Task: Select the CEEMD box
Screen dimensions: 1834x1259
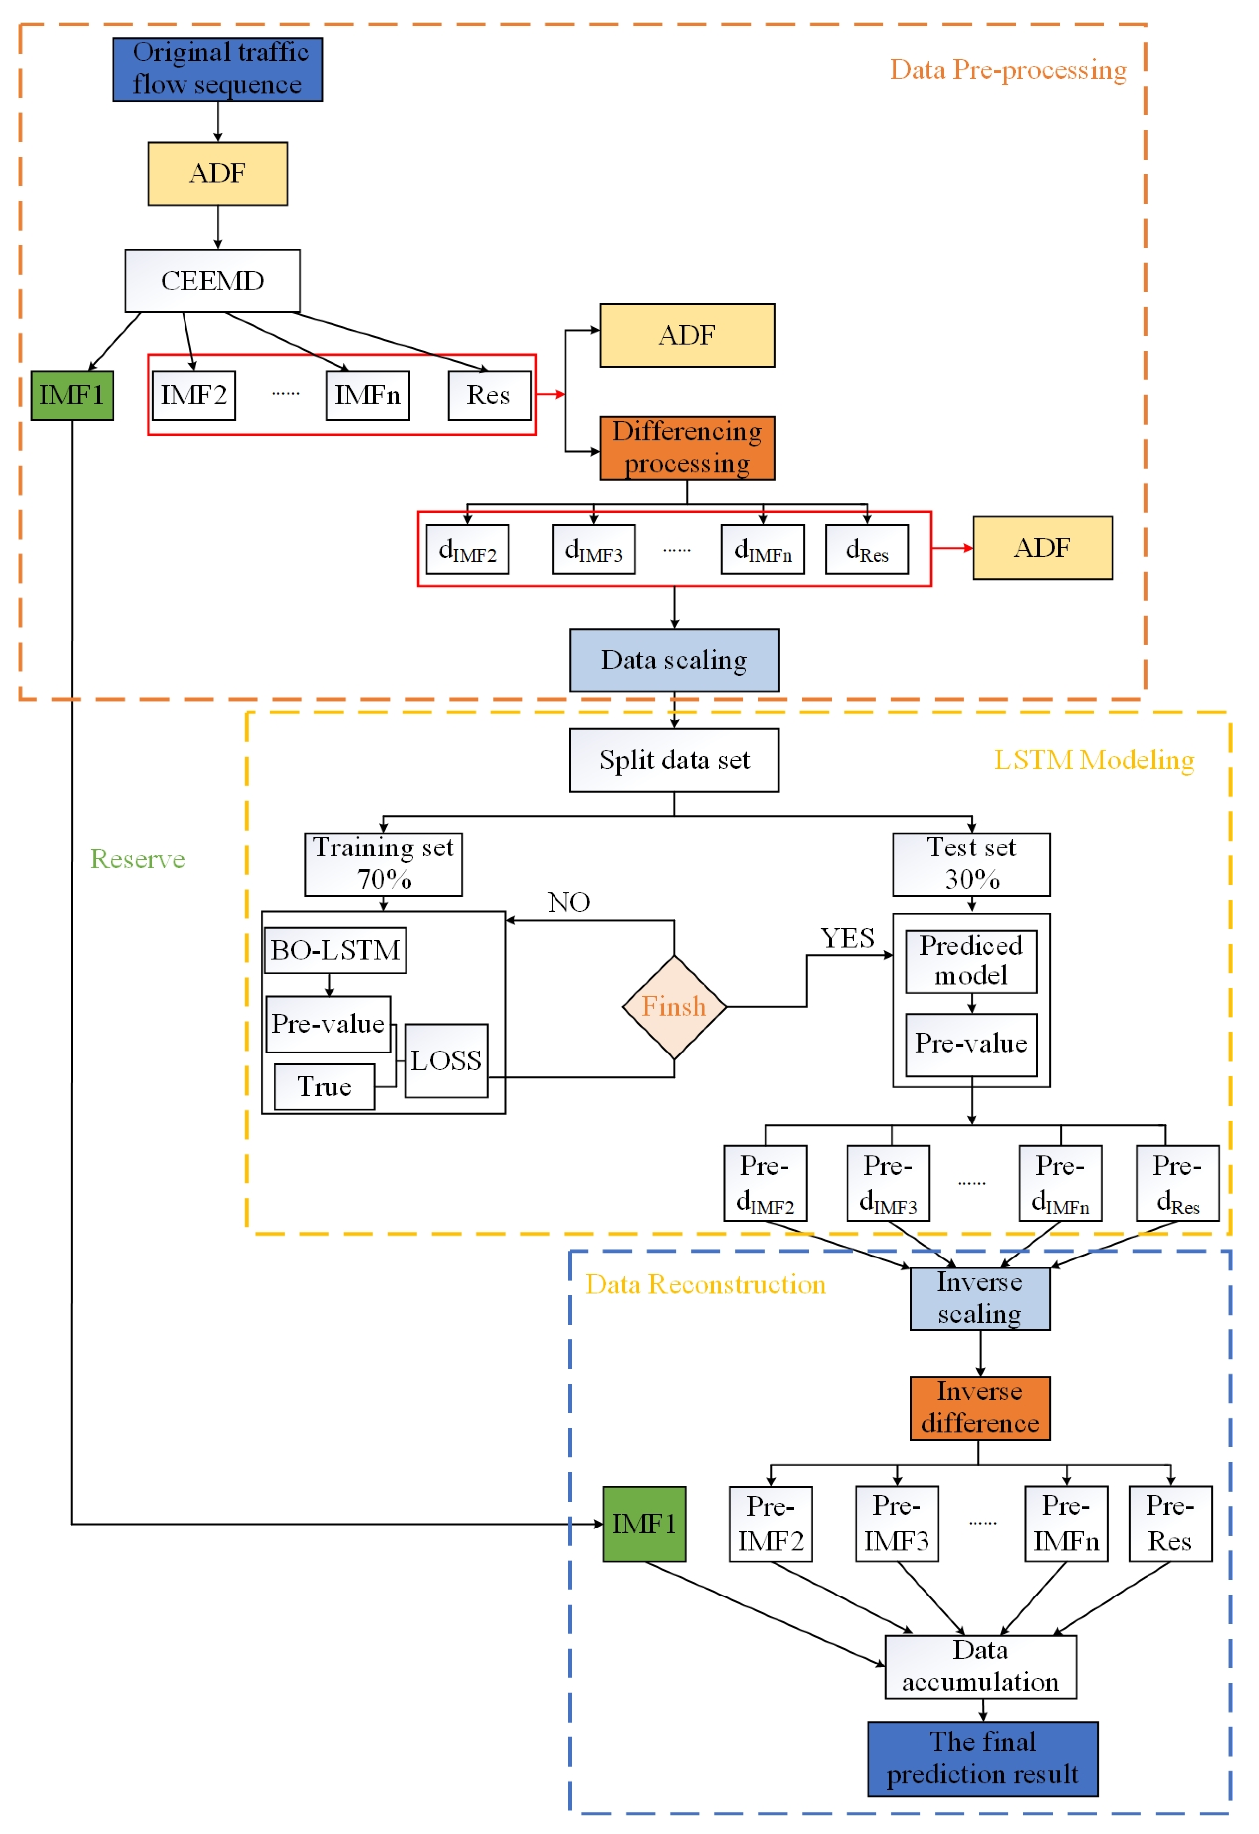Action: [x=212, y=281]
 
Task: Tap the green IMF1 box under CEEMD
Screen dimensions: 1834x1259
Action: [x=72, y=395]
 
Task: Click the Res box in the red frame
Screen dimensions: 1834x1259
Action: [x=488, y=395]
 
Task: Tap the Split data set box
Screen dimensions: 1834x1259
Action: [x=674, y=760]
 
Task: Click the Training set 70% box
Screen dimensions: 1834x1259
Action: [x=384, y=864]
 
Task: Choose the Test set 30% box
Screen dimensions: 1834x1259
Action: [x=971, y=864]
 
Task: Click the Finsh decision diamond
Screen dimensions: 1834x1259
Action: [x=674, y=1007]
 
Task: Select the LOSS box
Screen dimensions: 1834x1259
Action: [x=446, y=1060]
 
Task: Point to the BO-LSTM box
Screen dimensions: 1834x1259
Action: [x=335, y=950]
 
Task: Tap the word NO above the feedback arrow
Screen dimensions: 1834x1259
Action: [x=568, y=902]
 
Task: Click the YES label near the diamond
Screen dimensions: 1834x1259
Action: [x=847, y=938]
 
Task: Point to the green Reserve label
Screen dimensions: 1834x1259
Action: [x=137, y=858]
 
